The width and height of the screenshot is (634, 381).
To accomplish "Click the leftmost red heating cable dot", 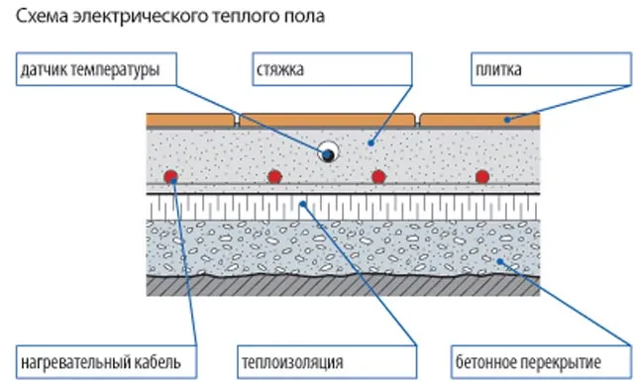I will pos(170,176).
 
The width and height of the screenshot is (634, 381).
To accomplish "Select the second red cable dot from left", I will pos(274,176).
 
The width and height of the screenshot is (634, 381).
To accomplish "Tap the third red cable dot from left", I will pos(378,176).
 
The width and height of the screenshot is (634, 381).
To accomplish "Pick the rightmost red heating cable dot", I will pos(481,176).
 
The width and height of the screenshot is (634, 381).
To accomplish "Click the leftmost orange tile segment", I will pos(191,120).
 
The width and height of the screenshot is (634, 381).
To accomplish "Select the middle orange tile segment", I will pos(328,120).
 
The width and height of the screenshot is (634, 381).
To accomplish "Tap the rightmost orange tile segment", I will pos(479,120).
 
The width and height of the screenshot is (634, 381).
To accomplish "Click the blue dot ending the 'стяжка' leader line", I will pos(370,143).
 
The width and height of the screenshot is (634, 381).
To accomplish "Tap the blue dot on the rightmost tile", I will pos(506,119).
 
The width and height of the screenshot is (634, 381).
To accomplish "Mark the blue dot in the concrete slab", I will pos(501,262).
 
